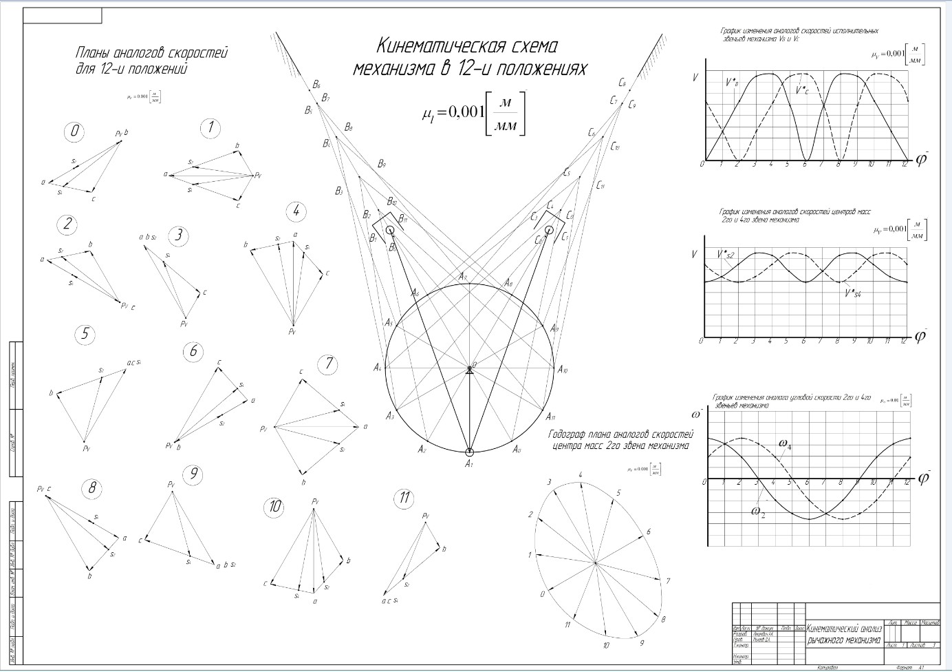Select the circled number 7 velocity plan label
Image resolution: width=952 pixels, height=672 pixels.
pos(329,364)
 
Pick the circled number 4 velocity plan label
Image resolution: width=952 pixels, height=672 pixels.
pos(296,211)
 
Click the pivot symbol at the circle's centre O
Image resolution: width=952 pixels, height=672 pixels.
pos(470,370)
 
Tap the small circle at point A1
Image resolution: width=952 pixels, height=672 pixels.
pos(470,452)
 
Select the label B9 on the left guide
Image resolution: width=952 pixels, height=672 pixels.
pos(381,164)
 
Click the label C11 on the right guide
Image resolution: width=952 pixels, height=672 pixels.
pos(601,185)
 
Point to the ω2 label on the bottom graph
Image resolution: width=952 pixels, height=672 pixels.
pos(758,512)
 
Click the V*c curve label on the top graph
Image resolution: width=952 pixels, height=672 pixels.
pos(801,90)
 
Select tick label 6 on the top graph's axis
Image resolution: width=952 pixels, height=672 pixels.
pos(804,165)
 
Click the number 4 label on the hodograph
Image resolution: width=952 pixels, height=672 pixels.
pos(581,475)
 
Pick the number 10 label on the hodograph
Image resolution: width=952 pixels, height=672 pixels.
pos(605,646)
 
